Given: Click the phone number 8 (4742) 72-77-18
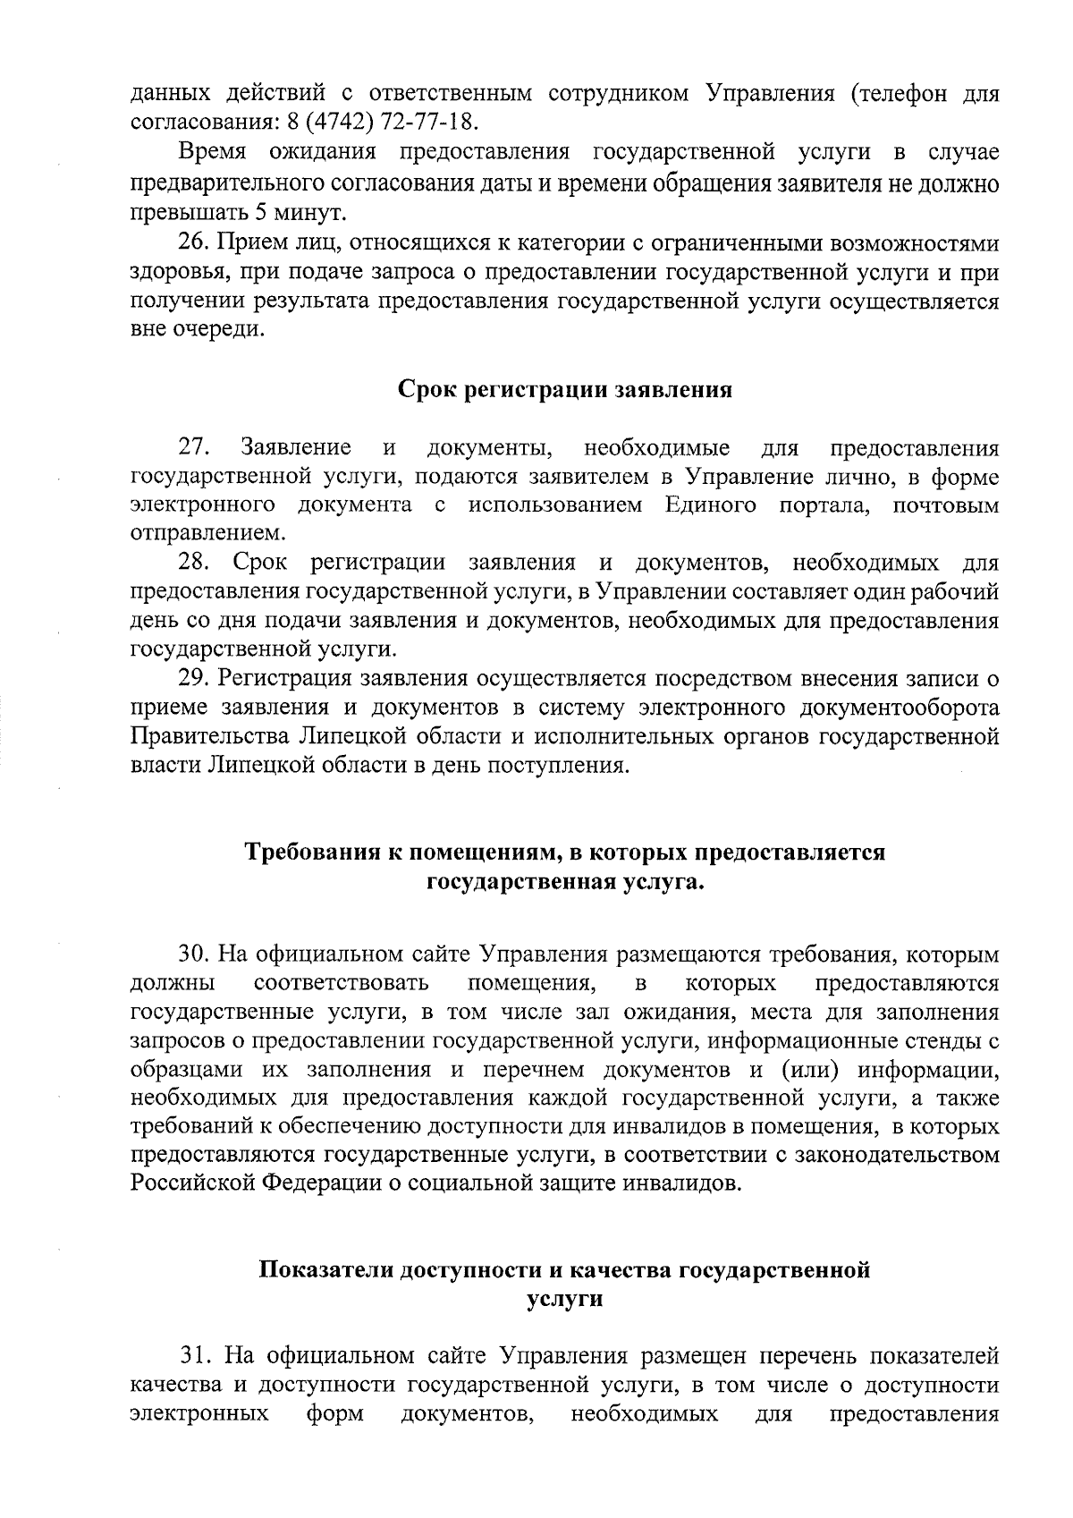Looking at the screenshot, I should point(390,122).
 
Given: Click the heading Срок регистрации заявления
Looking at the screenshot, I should point(564,391).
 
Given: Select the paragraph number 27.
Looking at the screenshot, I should point(194,447).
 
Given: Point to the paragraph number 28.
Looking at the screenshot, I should point(194,564).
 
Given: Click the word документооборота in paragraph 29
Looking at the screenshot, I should point(894,708).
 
